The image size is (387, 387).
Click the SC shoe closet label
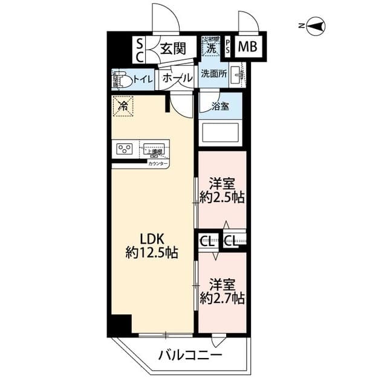pos(138,50)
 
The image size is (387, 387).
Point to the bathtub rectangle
pos(220,132)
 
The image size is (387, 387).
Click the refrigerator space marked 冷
pos(123,106)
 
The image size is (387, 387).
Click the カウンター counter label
pos(158,163)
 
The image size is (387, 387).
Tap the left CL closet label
pos(206,242)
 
